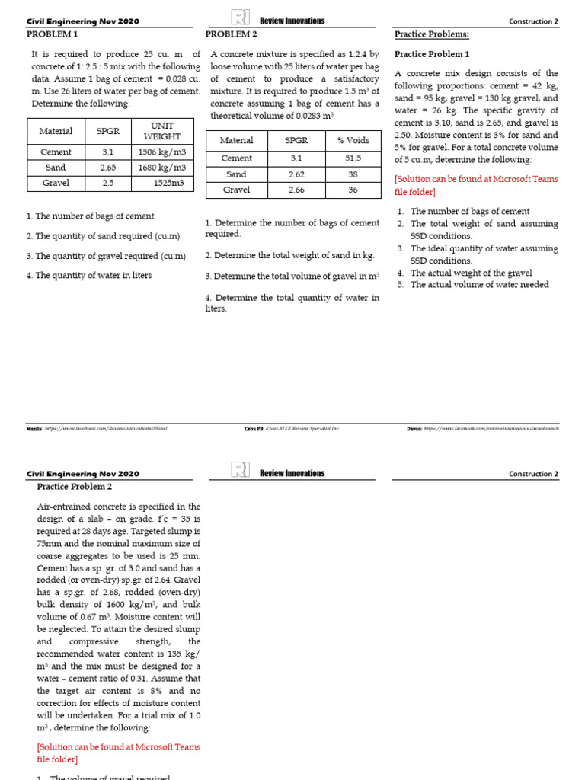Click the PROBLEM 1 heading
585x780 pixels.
pos(53,34)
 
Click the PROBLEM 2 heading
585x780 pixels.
pos(232,34)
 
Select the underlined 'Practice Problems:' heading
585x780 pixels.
pos(431,34)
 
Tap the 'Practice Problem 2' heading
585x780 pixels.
pos(75,486)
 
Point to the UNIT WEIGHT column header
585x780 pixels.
pos(162,130)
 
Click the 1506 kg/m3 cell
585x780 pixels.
pos(162,152)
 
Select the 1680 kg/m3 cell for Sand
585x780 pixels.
pos(162,167)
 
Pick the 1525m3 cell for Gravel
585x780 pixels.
pos(162,183)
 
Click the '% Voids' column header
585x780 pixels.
pos(352,140)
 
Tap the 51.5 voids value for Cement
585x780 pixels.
pos(352,158)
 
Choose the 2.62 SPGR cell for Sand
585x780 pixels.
pos(296,174)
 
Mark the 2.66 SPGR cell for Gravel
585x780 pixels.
pos(296,190)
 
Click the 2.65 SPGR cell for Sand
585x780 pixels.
pos(108,167)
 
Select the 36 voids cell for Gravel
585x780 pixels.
pos(352,190)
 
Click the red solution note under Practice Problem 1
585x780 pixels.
pos(476,186)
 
